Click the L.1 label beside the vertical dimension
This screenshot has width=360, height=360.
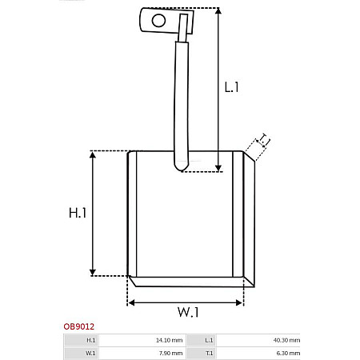[x=232, y=87]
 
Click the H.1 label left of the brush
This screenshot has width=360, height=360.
[x=78, y=213]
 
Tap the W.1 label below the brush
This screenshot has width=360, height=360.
[x=188, y=312]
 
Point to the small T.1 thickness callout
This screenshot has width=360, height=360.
[x=262, y=141]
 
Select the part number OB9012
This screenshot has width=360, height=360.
[x=78, y=326]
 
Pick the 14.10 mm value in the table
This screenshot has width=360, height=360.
[x=170, y=340]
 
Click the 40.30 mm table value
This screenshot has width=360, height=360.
[x=287, y=340]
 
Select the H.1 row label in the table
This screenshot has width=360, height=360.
[x=90, y=340]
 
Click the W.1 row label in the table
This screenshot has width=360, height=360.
[x=90, y=352]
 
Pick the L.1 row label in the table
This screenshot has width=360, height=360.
[x=209, y=340]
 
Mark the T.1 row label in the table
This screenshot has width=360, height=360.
[x=209, y=352]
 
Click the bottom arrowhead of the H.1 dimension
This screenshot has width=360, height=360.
[x=94, y=271]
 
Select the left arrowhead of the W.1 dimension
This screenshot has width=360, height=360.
[x=132, y=302]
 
